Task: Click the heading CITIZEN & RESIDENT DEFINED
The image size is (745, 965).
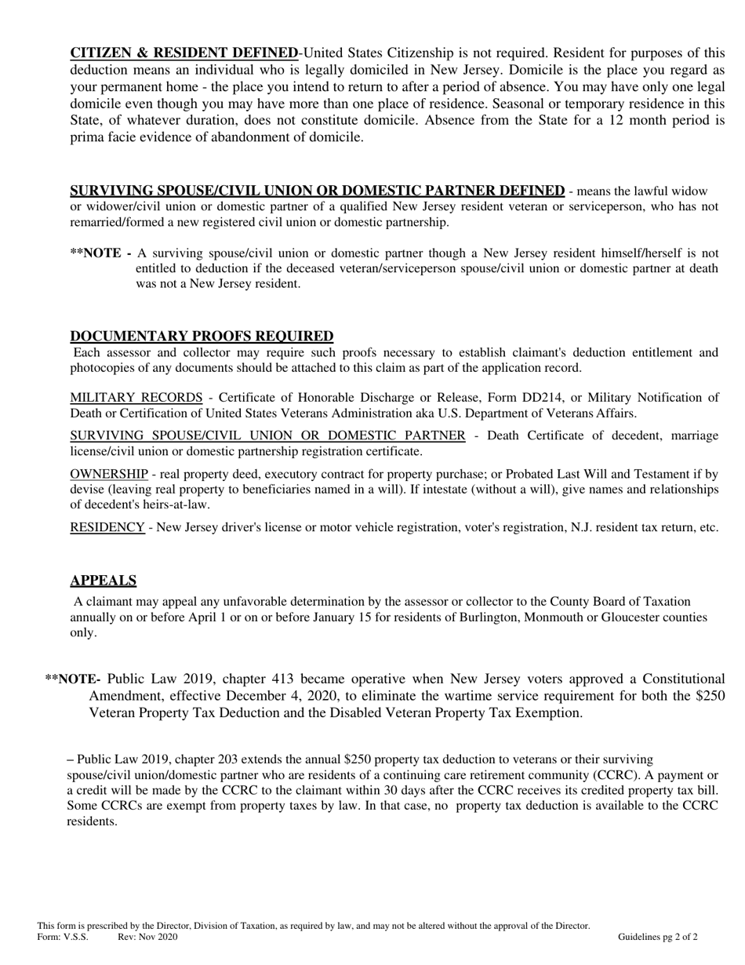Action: point(184,53)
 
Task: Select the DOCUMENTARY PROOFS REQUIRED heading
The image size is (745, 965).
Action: point(202,337)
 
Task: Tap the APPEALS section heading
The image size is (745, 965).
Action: point(103,581)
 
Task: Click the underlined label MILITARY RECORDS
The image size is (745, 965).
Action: point(136,398)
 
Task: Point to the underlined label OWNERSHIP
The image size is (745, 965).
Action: point(109,474)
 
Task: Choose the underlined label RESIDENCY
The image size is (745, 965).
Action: point(107,527)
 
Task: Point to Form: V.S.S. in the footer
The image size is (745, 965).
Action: point(63,937)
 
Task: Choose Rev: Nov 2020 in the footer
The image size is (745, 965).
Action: point(147,937)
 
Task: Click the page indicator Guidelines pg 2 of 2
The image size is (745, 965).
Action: point(657,937)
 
